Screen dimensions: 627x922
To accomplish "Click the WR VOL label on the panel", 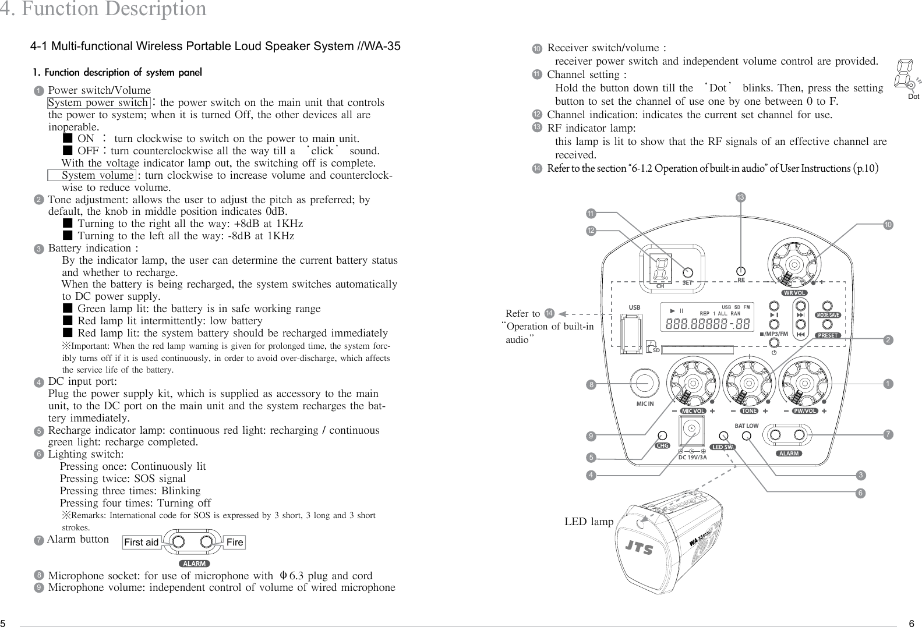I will [x=794, y=293].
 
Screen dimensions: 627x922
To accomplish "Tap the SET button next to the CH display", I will [x=688, y=272].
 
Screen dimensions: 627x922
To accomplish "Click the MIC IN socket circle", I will [x=644, y=382].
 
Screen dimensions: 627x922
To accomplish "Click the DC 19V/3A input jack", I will [x=693, y=430].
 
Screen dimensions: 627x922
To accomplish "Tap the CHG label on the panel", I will [x=662, y=446].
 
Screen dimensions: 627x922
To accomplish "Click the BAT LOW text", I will [x=746, y=426].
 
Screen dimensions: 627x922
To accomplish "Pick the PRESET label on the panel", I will [x=828, y=335].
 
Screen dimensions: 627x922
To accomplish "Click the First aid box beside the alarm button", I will [x=142, y=543].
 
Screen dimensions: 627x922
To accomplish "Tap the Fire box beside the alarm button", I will [x=235, y=543].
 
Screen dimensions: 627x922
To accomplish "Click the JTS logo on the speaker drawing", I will [x=639, y=548].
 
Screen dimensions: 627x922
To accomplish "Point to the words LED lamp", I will [x=589, y=522].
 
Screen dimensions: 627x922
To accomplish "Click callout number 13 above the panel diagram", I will [x=740, y=198].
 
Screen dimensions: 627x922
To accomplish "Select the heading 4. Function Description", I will [x=103, y=9].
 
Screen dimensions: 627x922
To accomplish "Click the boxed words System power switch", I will [x=98, y=103].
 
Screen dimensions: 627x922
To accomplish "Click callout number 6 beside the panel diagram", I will [x=860, y=494].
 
